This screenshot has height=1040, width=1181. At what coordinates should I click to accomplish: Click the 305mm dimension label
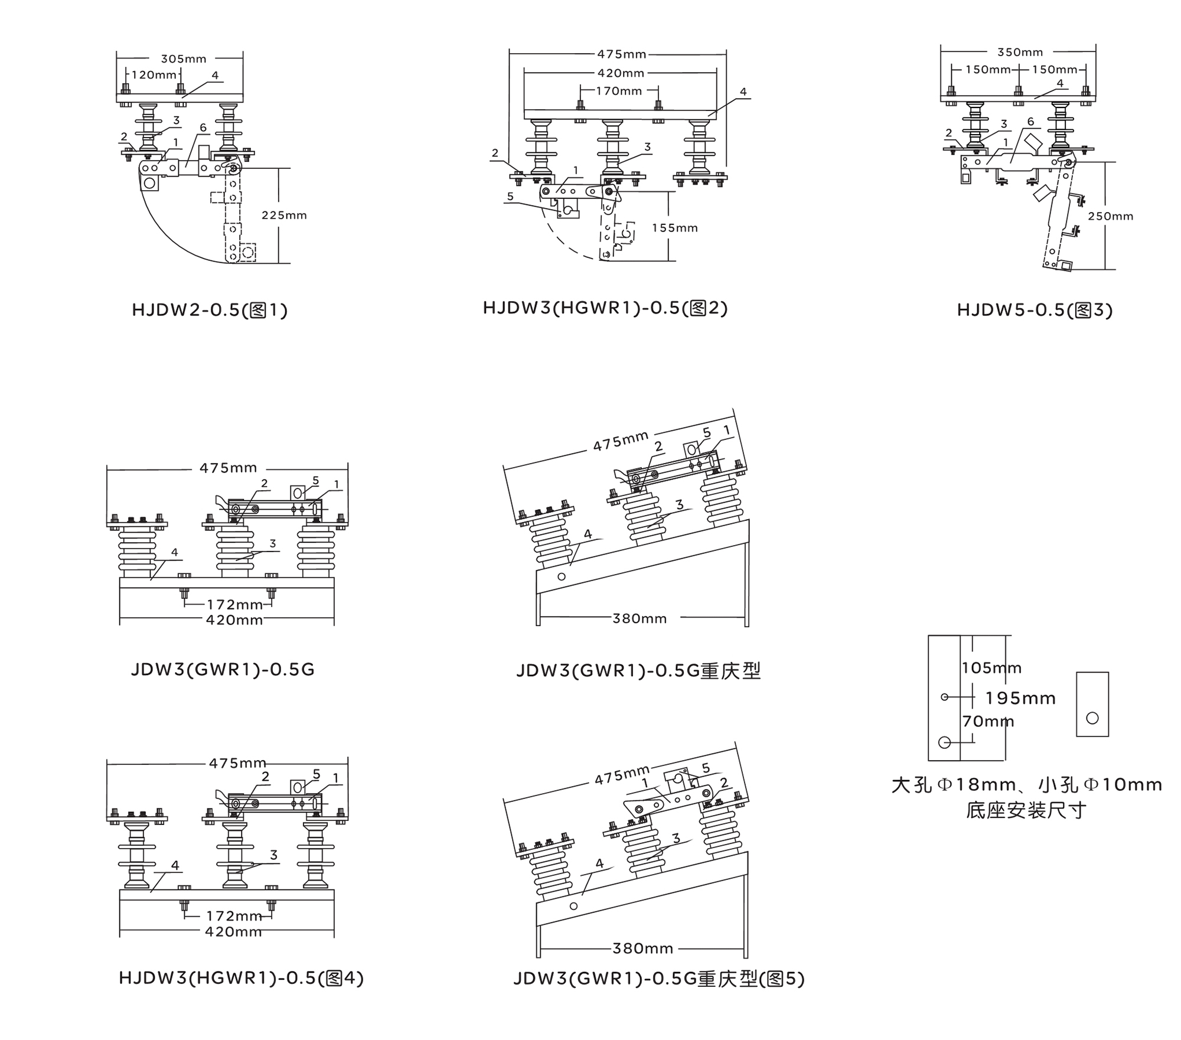(184, 59)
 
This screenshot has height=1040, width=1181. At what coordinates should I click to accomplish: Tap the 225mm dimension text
(284, 216)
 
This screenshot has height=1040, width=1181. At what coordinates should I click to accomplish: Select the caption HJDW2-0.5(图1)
(210, 310)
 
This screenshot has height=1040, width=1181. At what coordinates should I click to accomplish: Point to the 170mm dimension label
(619, 92)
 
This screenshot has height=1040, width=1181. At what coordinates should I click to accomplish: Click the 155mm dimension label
(674, 228)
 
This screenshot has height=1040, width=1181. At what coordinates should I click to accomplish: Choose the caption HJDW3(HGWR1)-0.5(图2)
(605, 308)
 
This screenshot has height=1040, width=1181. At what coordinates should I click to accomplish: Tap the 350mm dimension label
(1020, 53)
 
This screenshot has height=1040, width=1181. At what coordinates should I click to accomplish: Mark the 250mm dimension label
(1110, 217)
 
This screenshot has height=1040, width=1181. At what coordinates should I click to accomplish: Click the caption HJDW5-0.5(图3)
(1035, 310)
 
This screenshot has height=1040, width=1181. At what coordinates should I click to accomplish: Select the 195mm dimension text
(1020, 699)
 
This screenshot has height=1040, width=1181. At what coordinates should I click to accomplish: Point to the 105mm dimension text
(991, 668)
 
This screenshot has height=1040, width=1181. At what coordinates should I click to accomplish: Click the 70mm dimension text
(988, 722)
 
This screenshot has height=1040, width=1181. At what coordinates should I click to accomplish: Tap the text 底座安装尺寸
(1026, 810)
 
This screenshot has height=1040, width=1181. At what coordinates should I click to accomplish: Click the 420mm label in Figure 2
(621, 73)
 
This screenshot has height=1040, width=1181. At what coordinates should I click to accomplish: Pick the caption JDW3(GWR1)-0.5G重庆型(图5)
(658, 979)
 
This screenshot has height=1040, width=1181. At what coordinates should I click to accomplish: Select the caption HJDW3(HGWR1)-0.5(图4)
(241, 978)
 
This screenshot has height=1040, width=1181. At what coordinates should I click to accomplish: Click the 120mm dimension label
(154, 75)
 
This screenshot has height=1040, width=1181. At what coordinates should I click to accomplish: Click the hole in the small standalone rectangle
(1092, 718)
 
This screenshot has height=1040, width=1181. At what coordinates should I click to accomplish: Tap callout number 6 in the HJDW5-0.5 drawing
(1030, 122)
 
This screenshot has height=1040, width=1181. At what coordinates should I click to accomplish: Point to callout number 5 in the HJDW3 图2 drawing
(510, 197)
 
